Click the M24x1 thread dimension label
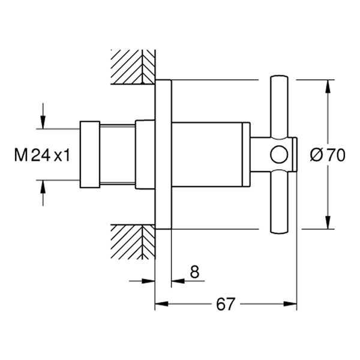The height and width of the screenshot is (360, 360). tap(42, 156)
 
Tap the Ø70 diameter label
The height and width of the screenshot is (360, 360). tap(328, 156)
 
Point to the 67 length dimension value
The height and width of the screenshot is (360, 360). tap(225, 304)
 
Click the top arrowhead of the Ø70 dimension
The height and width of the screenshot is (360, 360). tap(328, 84)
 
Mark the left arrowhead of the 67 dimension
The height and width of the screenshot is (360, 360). tap(160, 304)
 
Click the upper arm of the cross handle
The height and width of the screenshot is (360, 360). tap(280, 108)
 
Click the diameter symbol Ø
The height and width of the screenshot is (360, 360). tap(317, 156)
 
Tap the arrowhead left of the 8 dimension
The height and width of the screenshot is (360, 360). tap(149, 280)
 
